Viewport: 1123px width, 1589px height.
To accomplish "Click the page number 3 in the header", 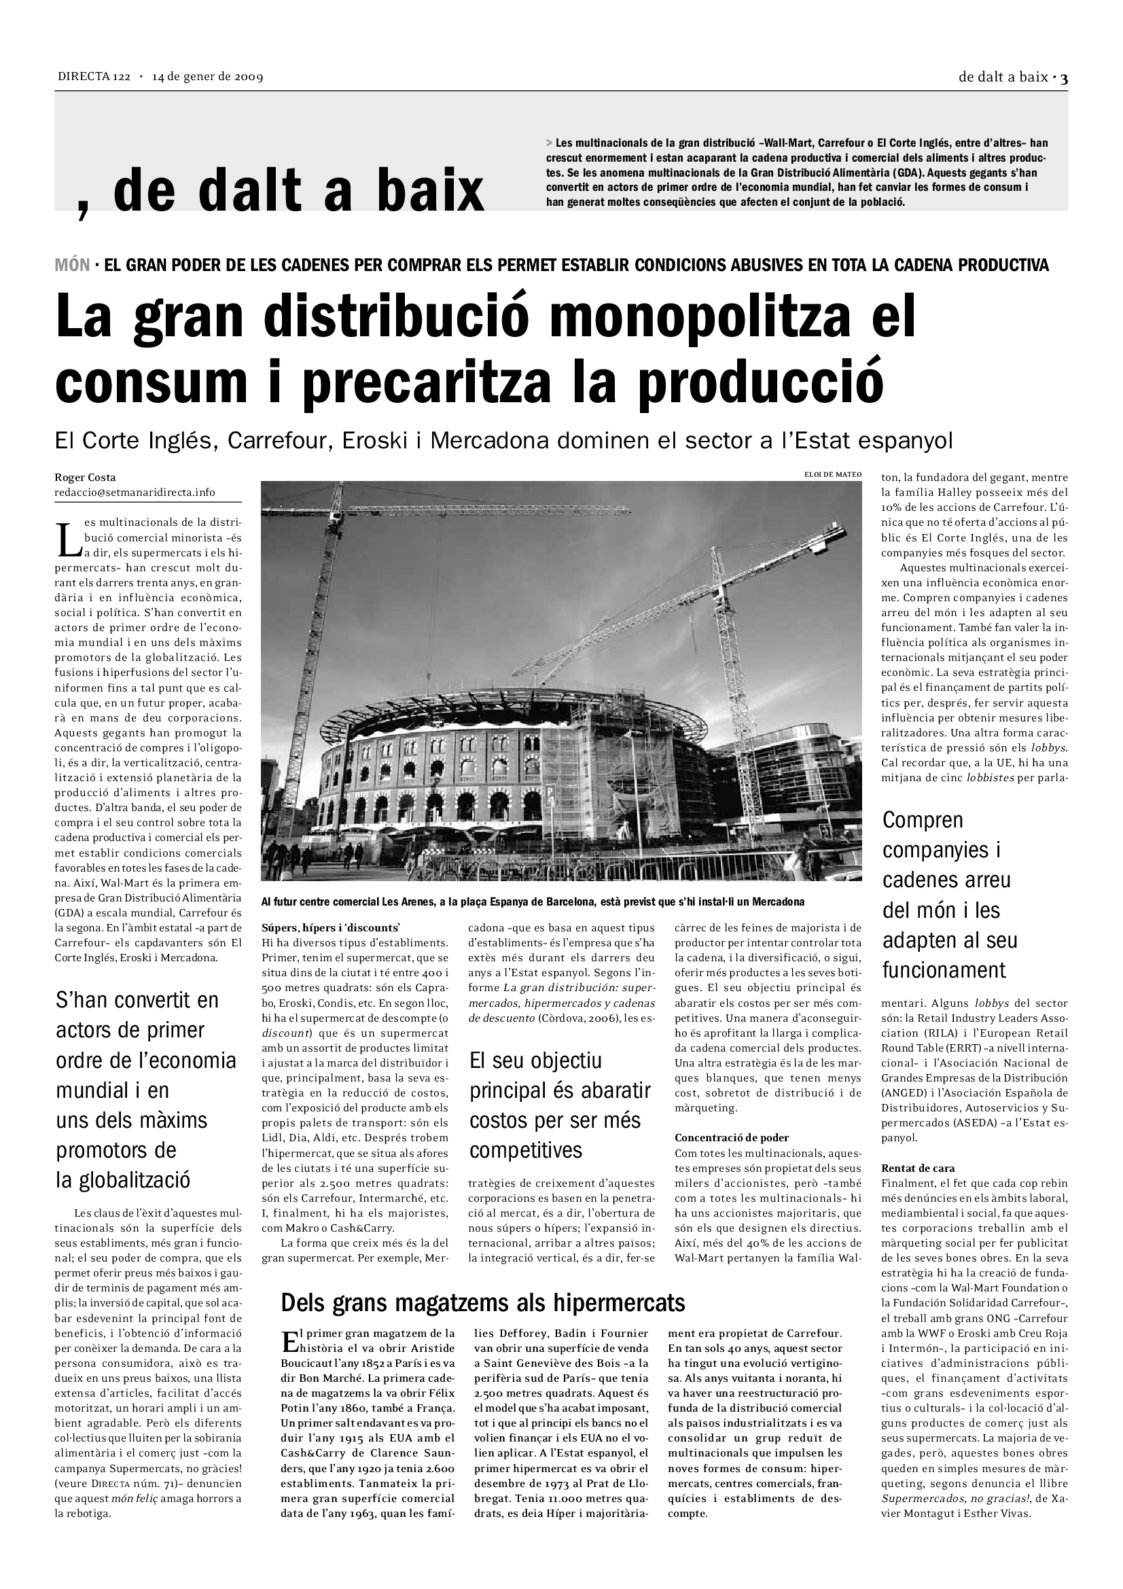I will pos(1063,78).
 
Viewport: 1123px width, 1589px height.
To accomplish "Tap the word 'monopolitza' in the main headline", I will pos(700,316).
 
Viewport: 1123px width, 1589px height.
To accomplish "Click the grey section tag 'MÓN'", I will pos(72,265).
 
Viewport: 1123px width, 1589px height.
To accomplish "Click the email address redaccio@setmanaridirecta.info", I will pos(135,493).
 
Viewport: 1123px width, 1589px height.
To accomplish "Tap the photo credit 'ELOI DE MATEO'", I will pos(833,475).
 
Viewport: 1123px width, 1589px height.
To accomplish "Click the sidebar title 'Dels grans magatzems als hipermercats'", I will pos(482,1303).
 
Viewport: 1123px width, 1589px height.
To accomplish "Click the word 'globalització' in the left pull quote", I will pos(123,1181).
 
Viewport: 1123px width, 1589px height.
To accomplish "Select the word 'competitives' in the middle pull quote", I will pos(526,1151).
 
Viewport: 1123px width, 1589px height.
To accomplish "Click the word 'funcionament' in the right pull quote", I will pos(944,970).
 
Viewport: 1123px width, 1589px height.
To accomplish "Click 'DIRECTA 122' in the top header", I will pos(93,77).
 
